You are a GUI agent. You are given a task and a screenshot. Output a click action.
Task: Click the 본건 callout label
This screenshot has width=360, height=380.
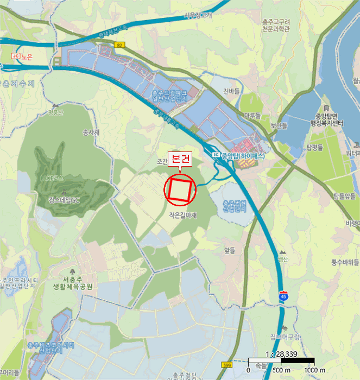coord(179,159)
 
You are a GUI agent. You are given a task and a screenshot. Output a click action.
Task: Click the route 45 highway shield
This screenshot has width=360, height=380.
coord(283,296)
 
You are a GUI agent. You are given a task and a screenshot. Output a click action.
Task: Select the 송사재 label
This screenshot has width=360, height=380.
coord(90,132)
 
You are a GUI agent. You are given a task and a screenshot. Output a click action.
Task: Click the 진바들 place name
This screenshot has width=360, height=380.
coord(231,91)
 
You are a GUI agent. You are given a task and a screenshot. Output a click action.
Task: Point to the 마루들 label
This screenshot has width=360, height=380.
coord(251,116)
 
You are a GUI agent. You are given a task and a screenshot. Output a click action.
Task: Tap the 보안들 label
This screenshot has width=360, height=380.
coord(279,126)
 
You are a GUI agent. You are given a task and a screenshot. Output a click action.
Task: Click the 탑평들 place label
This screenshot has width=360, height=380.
coord(314,147)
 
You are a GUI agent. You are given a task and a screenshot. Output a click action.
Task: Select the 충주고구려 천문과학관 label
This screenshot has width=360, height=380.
coord(275,25)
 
